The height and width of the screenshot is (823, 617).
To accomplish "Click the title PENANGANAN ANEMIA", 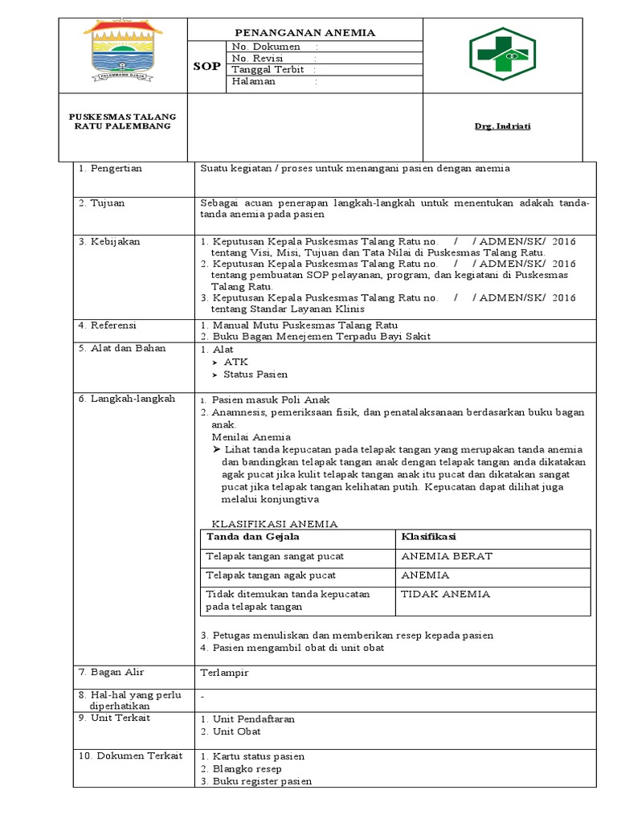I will click(x=304, y=32).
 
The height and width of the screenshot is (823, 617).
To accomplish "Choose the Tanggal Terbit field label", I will click(x=268, y=70).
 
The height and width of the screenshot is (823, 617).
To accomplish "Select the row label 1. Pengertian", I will click(x=110, y=168).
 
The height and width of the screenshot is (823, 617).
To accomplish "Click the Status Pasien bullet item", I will click(x=255, y=375).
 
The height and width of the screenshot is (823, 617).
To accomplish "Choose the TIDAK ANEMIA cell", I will click(x=444, y=594).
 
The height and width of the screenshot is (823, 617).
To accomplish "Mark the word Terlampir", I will click(x=224, y=673).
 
